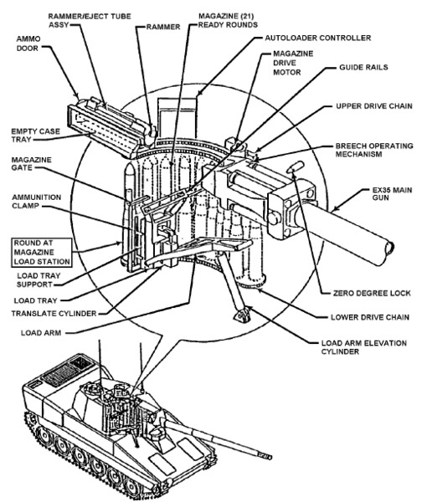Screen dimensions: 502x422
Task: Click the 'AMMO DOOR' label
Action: [x=28, y=44]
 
